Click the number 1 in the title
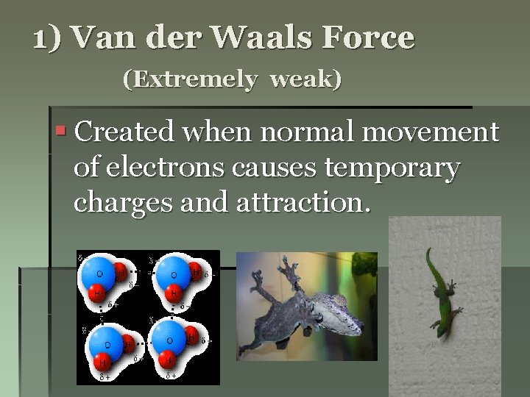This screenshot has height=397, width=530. [41, 38]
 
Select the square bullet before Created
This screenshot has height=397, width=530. [61, 133]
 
